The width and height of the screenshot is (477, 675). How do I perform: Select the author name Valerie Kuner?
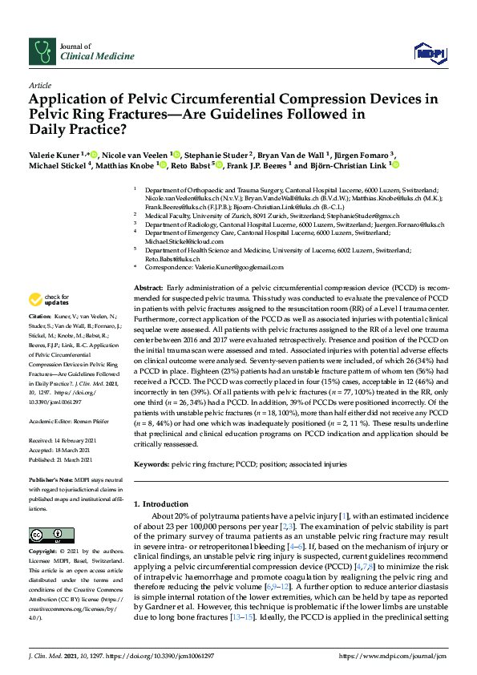click(x=55, y=154)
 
